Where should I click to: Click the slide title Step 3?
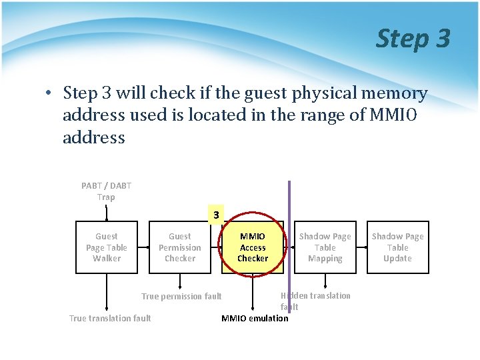(x=413, y=39)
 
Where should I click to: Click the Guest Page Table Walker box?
(x=107, y=247)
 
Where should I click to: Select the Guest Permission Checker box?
(x=179, y=247)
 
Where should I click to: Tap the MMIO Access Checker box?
(x=253, y=247)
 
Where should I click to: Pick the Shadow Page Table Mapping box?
(x=325, y=247)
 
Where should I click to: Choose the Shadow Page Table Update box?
(x=397, y=247)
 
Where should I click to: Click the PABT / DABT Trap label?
(x=106, y=191)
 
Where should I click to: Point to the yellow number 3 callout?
(x=216, y=215)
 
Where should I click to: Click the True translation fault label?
(x=110, y=318)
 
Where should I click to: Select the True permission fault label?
(x=181, y=296)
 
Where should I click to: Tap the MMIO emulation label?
(x=255, y=318)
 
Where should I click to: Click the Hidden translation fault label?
(x=315, y=301)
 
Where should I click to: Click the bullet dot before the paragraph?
(x=50, y=93)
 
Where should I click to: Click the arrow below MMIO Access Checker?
(x=253, y=292)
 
